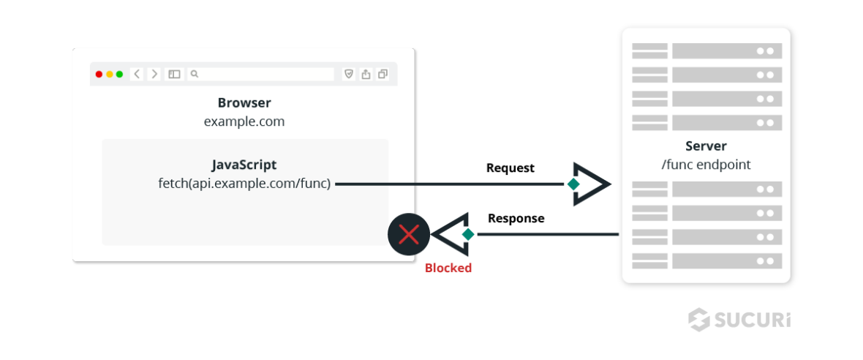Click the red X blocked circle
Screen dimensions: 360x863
408,234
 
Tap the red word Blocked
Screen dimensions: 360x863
448,268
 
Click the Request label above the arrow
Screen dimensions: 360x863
510,168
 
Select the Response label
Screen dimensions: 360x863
516,218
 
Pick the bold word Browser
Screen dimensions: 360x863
244,103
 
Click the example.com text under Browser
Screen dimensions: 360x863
244,121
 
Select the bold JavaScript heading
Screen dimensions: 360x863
244,165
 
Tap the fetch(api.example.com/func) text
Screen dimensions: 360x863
244,183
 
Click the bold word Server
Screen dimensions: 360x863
706,146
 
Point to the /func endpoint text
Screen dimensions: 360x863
706,165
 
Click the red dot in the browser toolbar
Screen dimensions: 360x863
99,74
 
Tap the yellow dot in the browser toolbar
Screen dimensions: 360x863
109,74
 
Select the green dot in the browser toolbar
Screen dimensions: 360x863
119,74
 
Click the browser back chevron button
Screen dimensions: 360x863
137,74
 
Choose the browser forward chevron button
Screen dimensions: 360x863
154,74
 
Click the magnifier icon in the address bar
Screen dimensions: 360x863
195,74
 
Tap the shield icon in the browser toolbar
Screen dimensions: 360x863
349,74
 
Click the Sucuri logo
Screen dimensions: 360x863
739,320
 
